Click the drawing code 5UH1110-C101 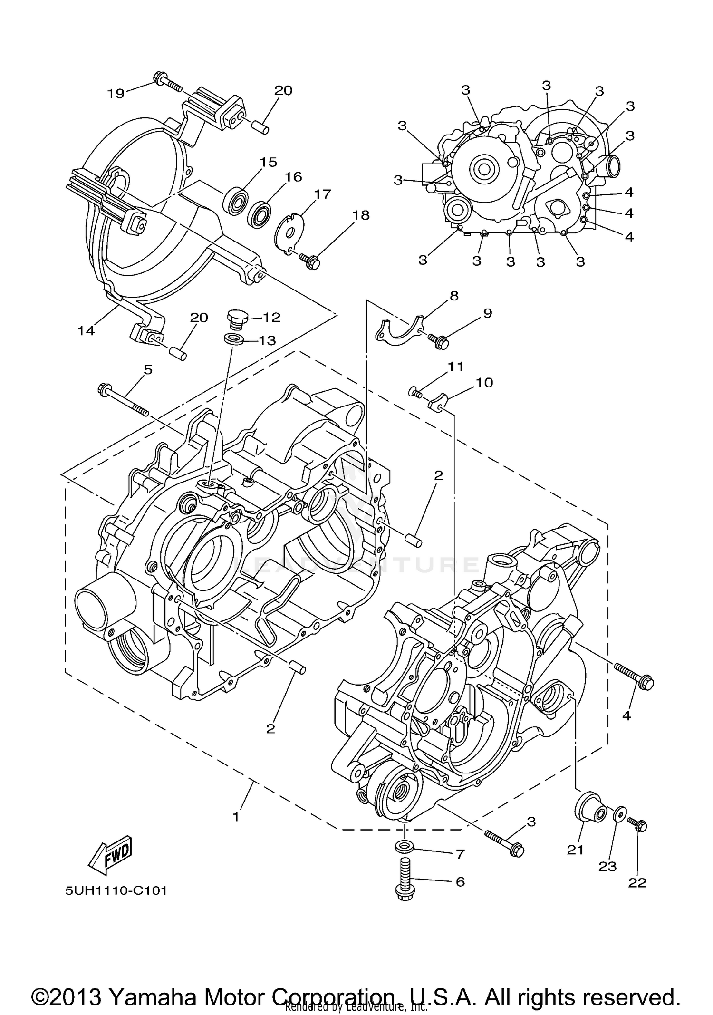pos(116,890)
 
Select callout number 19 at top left pos(116,93)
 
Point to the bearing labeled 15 pos(236,200)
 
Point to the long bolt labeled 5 pos(124,401)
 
